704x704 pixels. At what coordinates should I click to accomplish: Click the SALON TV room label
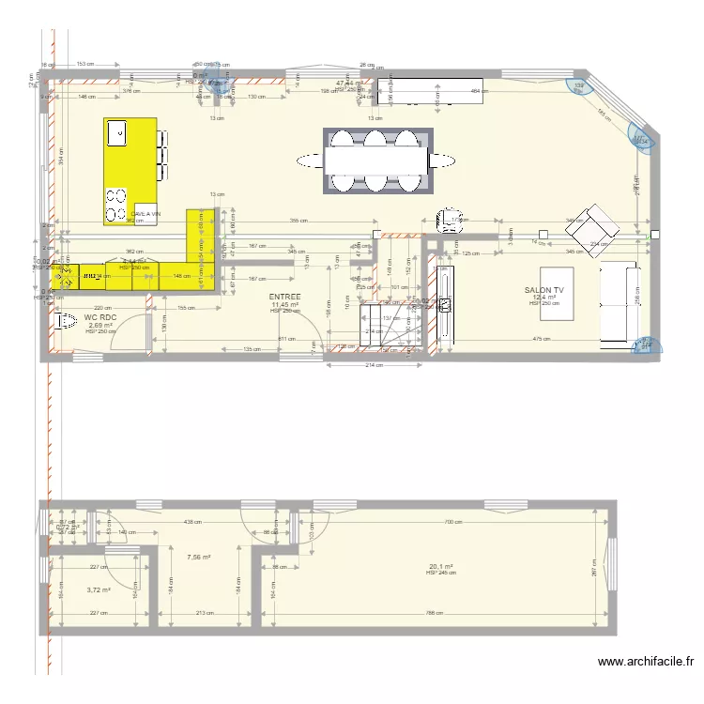tap(545, 291)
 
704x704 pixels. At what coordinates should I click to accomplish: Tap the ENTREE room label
tap(285, 297)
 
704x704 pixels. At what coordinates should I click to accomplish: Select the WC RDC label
tap(99, 318)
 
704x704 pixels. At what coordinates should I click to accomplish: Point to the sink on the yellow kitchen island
tap(118, 134)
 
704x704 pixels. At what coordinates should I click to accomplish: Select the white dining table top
tap(376, 161)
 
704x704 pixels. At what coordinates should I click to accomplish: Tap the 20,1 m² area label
tap(441, 567)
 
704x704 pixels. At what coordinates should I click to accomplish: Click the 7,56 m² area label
tap(198, 557)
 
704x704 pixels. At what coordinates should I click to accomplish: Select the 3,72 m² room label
tap(99, 590)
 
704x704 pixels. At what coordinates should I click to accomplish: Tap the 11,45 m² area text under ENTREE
tap(284, 304)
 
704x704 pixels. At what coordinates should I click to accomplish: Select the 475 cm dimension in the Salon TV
tap(541, 339)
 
